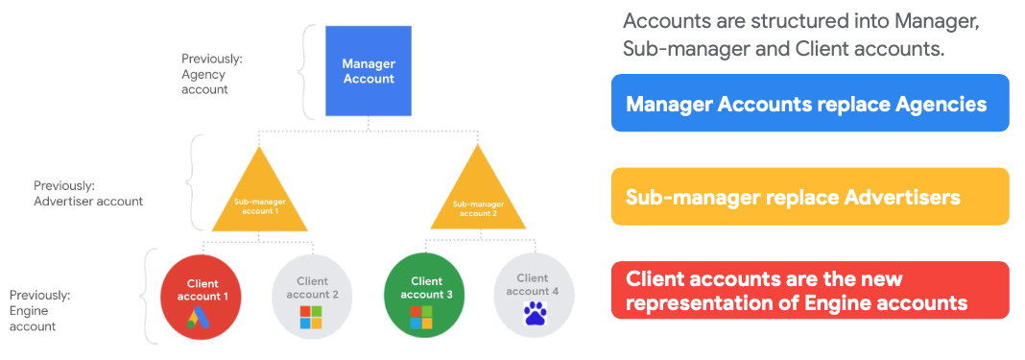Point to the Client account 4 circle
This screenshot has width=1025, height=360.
[x=533, y=293]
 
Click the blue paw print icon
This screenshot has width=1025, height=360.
[x=533, y=314]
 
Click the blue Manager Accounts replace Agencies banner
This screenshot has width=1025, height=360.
[x=808, y=103]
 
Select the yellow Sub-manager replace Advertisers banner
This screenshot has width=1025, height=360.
[x=808, y=197]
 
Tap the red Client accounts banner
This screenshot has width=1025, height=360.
[x=808, y=290]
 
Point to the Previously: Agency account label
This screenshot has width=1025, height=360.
[x=211, y=74]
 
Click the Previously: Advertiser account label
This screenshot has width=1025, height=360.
[x=88, y=193]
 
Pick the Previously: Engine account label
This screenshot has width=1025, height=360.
[x=39, y=310]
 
